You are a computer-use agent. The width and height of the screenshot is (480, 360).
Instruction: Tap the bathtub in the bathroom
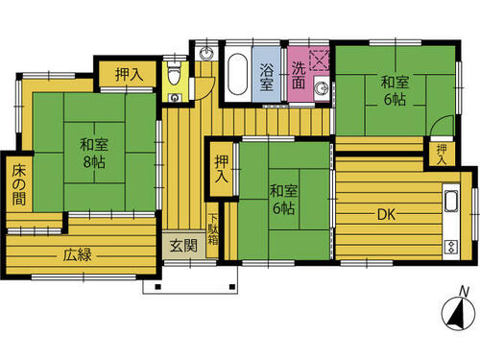pyautogui.click(x=238, y=74)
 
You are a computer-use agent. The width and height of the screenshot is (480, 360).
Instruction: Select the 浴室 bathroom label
pyautogui.click(x=267, y=77)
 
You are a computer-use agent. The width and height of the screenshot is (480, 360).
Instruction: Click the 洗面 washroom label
pyautogui.click(x=299, y=75)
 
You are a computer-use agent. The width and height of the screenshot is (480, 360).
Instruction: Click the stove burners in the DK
pyautogui.click(x=451, y=247)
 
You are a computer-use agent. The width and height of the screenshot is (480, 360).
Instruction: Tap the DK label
pyautogui.click(x=387, y=215)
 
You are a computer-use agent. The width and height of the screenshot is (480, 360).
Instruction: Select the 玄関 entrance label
pyautogui.click(x=183, y=246)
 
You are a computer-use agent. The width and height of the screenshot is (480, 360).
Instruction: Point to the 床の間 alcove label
pyautogui.click(x=19, y=185)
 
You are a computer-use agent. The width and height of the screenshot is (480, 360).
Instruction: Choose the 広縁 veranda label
pyautogui.click(x=77, y=255)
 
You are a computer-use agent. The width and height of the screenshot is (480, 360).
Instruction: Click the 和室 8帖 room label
pyautogui.click(x=94, y=154)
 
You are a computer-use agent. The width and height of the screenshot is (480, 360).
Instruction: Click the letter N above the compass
pyautogui.click(x=464, y=292)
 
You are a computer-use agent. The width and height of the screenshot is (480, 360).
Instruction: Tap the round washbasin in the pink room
pyautogui.click(x=321, y=87)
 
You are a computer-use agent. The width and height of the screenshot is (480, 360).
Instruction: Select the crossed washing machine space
pyautogui.click(x=320, y=60)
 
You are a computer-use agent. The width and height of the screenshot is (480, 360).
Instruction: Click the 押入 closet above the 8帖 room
pyautogui.click(x=128, y=74)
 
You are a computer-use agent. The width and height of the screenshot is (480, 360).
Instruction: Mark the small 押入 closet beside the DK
pyautogui.click(x=442, y=155)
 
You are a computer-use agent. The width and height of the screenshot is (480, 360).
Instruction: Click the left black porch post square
pyautogui.click(x=157, y=286)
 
